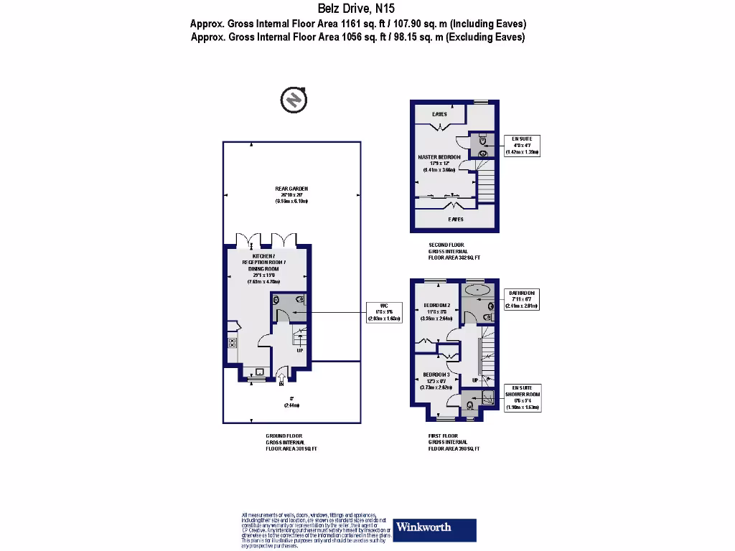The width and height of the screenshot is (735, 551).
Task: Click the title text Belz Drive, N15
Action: point(357,9)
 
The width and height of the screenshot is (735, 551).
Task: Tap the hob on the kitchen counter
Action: point(232,342)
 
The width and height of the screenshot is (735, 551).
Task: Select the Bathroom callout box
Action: point(523,299)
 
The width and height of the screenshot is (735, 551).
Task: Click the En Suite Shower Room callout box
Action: point(523,397)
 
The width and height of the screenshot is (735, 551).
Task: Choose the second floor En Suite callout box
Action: point(522,145)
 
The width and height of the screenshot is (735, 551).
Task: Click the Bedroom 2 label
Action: point(436,305)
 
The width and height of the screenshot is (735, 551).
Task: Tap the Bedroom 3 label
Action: point(436,375)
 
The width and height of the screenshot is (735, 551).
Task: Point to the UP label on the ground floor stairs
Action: point(299,351)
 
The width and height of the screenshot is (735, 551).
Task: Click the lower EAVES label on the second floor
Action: point(456,219)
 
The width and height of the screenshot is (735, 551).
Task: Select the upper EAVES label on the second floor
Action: point(440,114)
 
